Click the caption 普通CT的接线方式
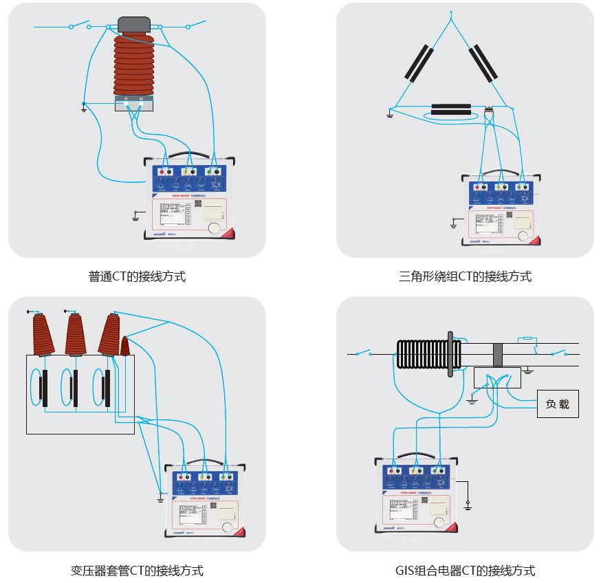(x=137, y=277)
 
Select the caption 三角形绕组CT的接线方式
(x=465, y=277)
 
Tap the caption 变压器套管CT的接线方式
(x=137, y=571)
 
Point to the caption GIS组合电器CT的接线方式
(x=465, y=571)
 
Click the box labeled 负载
(x=558, y=404)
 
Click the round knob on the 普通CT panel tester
(x=215, y=228)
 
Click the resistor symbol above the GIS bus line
(x=527, y=338)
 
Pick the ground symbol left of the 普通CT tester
(x=135, y=217)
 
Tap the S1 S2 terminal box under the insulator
(x=133, y=104)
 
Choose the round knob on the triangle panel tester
(x=527, y=233)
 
